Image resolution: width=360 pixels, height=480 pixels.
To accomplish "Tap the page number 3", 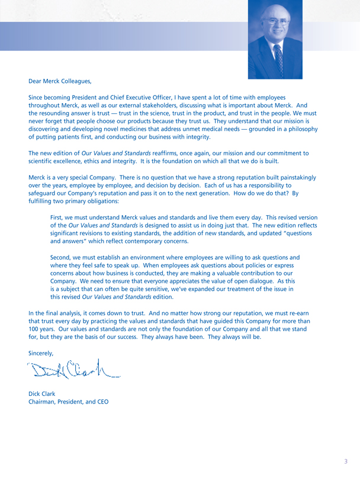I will pos(345,459).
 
